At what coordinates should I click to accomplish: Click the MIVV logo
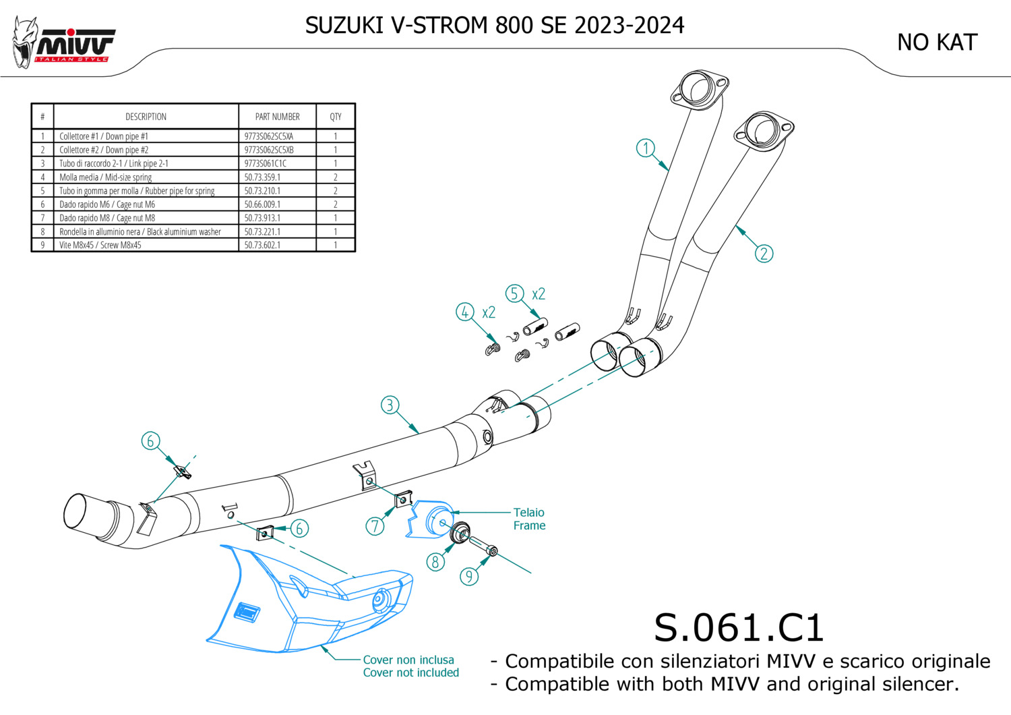(x=64, y=44)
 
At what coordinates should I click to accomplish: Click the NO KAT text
(x=936, y=42)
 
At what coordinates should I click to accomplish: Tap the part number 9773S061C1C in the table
(x=265, y=163)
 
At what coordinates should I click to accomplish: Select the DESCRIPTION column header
(x=146, y=117)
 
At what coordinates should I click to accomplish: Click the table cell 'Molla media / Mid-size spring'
(x=105, y=177)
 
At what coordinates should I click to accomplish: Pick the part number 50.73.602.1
(x=262, y=245)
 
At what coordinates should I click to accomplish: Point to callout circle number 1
(x=646, y=148)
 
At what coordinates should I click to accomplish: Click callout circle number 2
(x=764, y=254)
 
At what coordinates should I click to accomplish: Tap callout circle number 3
(x=390, y=405)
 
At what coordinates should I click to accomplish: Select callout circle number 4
(x=464, y=312)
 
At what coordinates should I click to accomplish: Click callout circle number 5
(x=514, y=293)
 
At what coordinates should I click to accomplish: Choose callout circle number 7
(x=375, y=526)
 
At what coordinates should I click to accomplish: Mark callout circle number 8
(x=435, y=561)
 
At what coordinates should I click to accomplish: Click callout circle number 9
(x=469, y=576)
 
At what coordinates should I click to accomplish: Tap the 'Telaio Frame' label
(x=529, y=519)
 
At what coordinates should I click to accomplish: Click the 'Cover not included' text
(x=410, y=673)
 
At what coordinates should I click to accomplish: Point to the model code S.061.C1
(x=739, y=628)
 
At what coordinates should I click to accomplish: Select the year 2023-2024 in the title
(x=629, y=25)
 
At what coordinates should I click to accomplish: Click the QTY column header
(x=336, y=117)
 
